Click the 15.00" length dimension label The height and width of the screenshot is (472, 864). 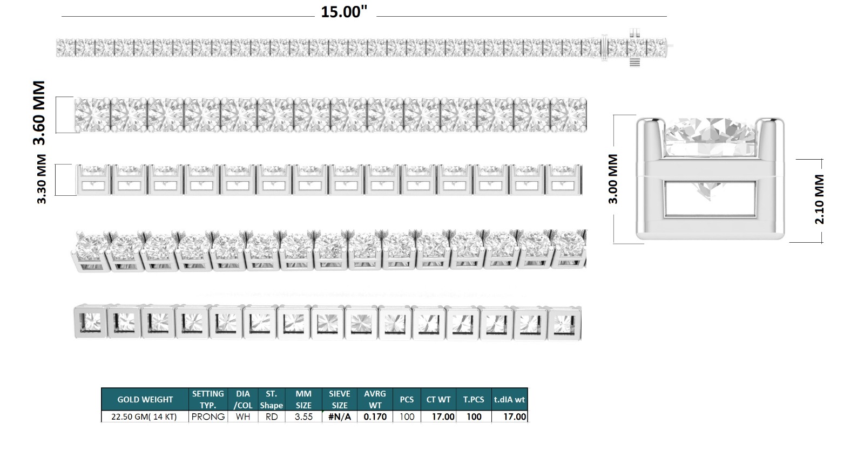click(344, 12)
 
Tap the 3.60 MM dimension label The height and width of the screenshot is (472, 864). click(39, 113)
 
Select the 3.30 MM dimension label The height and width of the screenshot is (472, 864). click(42, 179)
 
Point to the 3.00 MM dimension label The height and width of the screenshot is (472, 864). click(613, 179)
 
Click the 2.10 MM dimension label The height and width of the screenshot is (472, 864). click(819, 199)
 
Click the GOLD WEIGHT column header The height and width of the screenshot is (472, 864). click(145, 400)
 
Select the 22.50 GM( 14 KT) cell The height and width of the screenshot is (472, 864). click(144, 417)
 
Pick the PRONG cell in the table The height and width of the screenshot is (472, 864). click(208, 417)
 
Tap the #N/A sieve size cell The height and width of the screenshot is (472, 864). click(339, 417)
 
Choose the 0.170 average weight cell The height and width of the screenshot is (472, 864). click(375, 417)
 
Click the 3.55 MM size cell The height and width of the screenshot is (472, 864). click(303, 417)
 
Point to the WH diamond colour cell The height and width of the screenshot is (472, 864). click(243, 417)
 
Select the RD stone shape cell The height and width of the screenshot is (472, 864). click(271, 417)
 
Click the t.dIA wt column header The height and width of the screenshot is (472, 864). click(509, 400)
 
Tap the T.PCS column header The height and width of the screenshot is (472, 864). click(474, 400)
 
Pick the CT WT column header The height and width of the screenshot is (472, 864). click(438, 400)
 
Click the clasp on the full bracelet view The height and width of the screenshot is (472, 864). click(634, 47)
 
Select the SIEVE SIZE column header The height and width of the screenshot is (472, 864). click(339, 400)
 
